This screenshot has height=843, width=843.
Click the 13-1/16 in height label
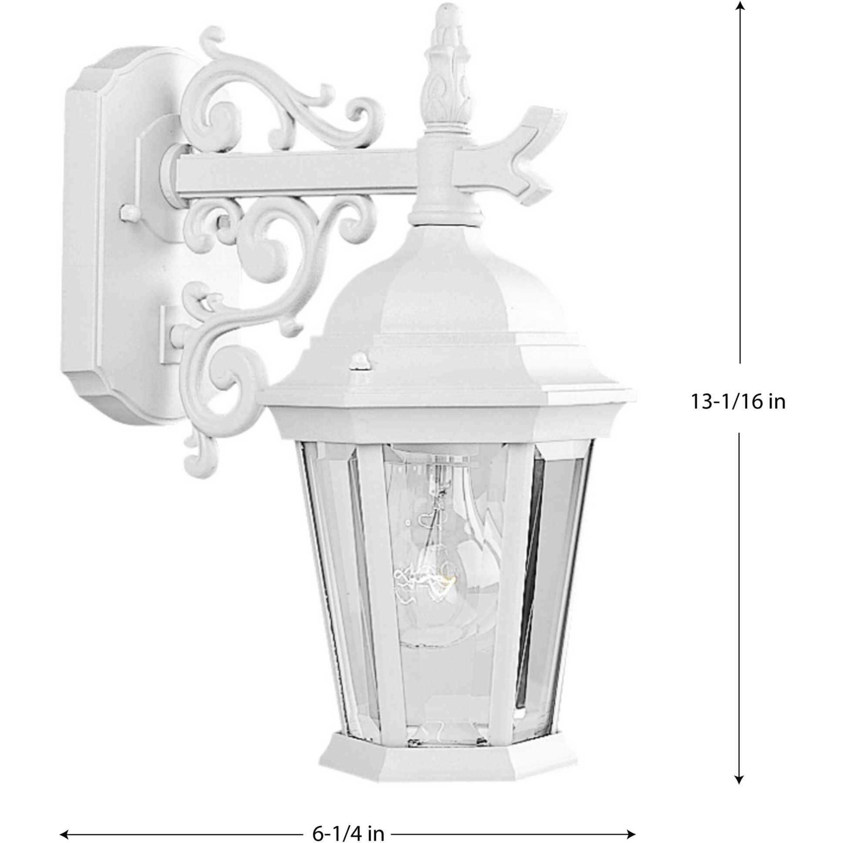[737, 402]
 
